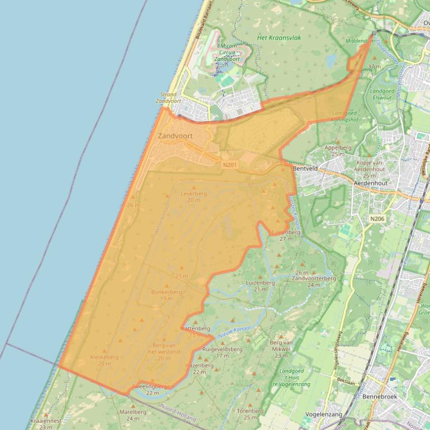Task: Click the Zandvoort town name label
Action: tap(176, 136)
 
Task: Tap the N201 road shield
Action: tap(229, 165)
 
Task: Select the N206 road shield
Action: tap(377, 218)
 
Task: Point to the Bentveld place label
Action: tap(305, 168)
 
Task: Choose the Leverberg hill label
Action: tap(193, 194)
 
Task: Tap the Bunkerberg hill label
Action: tap(167, 292)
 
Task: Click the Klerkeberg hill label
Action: tap(104, 357)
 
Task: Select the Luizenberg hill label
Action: tap(261, 283)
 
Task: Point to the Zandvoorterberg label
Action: tap(314, 278)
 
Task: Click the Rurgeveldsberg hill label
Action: tap(223, 349)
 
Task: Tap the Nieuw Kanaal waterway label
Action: tap(234, 331)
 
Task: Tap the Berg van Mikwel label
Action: tap(281, 346)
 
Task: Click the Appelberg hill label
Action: tap(338, 147)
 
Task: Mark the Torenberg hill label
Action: tap(250, 410)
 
